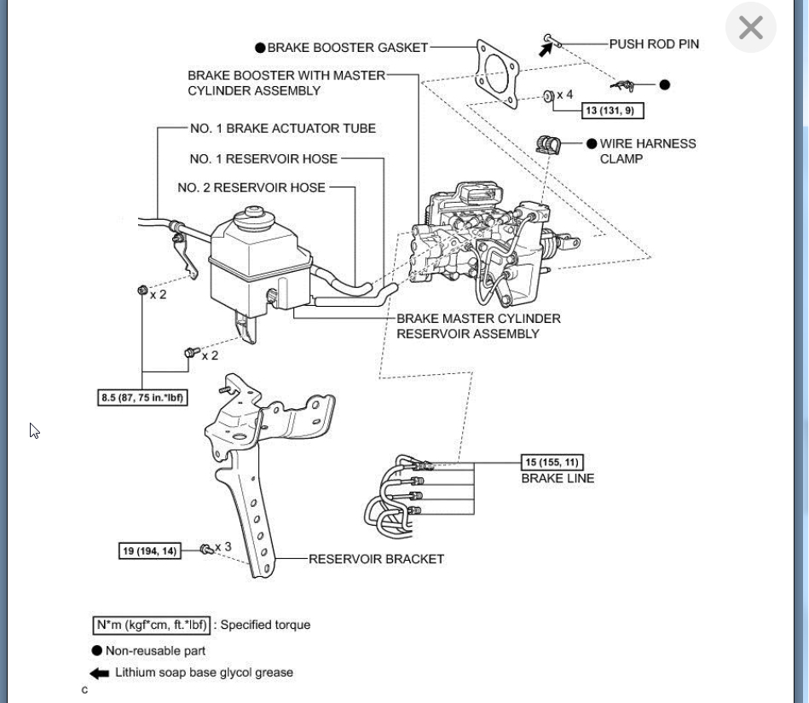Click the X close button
point(750,28)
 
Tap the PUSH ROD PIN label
point(654,44)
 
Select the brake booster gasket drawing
point(498,73)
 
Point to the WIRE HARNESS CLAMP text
point(647,151)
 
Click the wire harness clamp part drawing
point(549,145)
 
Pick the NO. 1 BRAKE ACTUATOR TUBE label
point(282,129)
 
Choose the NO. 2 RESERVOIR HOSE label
point(251,187)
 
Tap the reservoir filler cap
point(253,212)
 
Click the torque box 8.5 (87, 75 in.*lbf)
point(143,398)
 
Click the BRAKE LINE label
point(558,479)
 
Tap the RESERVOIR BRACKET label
point(376,559)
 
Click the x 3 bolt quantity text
point(223,547)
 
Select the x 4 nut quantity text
point(564,95)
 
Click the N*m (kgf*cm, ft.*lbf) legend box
point(152,625)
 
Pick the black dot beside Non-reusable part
point(97,651)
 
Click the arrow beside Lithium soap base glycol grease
point(100,673)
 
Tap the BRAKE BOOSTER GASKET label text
point(347,48)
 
